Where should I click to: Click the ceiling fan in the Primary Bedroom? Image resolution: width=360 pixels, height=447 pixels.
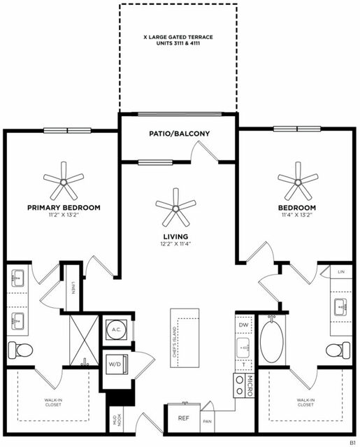pos(64,181)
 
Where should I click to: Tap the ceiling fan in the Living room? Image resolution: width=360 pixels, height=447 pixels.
pos(175,206)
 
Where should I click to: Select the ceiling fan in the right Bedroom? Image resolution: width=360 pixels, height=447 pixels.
pos(298,181)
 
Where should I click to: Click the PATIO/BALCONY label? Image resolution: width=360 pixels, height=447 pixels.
pos(179,134)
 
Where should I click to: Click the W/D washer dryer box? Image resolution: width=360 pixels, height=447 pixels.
pos(115,364)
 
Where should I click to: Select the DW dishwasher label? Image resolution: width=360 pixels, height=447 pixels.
pos(243,325)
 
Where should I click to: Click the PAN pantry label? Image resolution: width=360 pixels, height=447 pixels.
pos(208,422)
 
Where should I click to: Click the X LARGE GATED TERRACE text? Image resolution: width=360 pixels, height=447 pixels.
pos(178,40)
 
